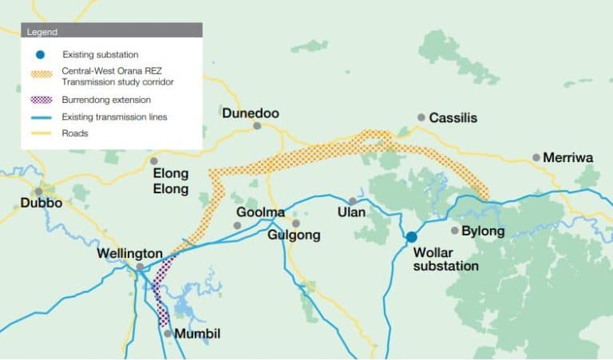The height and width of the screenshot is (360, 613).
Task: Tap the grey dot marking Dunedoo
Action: pos(257,126)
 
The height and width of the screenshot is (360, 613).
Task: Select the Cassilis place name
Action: pos(453,117)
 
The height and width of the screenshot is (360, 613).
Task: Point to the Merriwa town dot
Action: pos(536,157)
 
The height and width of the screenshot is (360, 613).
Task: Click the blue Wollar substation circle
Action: pos(411,237)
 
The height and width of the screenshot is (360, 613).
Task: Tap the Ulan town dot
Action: pos(352,201)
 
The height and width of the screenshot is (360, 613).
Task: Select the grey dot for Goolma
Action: pos(237,226)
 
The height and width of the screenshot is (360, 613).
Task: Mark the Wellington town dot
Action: pos(140,267)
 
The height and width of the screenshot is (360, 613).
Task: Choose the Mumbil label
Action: pos(197,333)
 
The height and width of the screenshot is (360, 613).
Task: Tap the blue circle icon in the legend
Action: pos(41,54)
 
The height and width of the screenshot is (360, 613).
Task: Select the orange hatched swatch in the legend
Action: pos(42,75)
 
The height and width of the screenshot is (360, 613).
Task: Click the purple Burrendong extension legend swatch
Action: pos(42,101)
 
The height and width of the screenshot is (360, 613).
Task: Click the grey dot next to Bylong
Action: pos(455,231)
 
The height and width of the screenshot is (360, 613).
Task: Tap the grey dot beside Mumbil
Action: pos(168,333)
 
